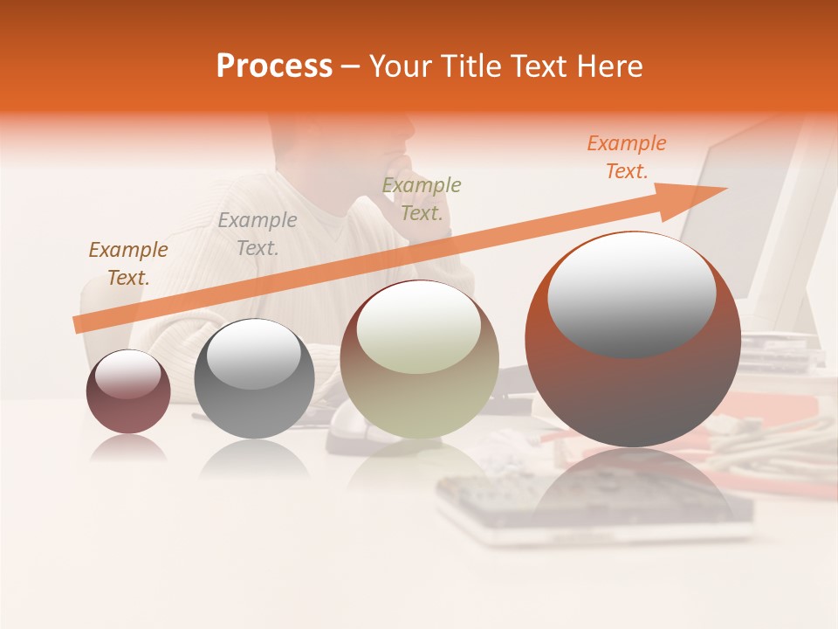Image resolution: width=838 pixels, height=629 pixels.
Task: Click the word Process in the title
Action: [274, 66]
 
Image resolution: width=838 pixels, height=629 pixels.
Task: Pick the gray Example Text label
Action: [258, 234]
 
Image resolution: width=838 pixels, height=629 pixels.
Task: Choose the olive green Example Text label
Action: [422, 199]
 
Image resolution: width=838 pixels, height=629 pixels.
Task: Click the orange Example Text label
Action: [627, 157]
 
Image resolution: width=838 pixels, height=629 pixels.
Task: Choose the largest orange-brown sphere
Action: [633, 384]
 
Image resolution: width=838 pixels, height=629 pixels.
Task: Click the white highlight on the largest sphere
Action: [631, 293]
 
